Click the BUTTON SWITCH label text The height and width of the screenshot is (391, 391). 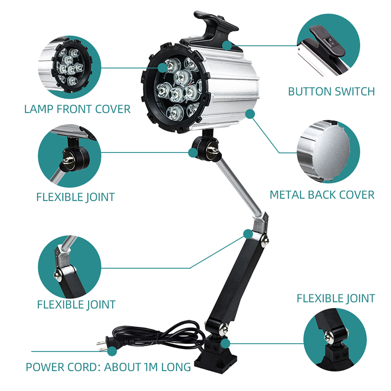tap(331, 91)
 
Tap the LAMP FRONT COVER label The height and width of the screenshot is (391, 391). tap(77, 109)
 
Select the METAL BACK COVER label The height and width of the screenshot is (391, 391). tap(322, 195)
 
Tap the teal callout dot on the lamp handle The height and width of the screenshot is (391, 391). tap(227, 45)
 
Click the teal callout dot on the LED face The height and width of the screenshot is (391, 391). tap(163, 67)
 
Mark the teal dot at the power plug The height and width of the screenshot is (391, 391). tap(112, 351)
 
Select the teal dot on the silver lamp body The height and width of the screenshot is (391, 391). tap(250, 114)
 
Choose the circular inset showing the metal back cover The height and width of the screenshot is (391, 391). tap(328, 152)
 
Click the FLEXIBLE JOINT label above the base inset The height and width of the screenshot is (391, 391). tap(336, 299)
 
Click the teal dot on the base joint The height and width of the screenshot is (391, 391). tap(225, 344)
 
